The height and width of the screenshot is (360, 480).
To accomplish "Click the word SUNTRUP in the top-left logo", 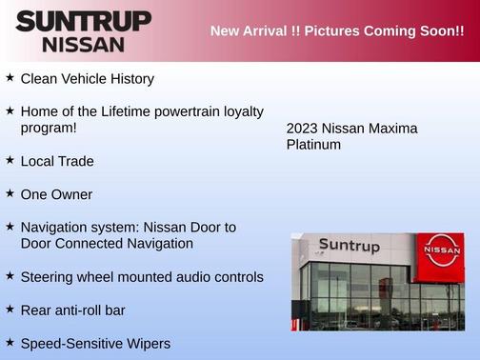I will (x=83, y=21).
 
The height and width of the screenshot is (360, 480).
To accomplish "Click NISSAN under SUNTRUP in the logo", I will (x=83, y=44).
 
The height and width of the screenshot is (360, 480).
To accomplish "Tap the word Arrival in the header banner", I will (x=270, y=31).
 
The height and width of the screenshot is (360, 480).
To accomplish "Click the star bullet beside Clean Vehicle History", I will (x=10, y=77).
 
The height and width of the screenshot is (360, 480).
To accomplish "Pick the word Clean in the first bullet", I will (x=39, y=79).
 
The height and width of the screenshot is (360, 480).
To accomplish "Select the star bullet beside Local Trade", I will (x=10, y=160).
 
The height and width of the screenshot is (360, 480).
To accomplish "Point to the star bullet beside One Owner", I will (x=10, y=193).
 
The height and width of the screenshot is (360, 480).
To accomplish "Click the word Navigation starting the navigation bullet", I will (x=56, y=228).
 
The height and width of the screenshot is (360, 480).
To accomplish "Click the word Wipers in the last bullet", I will (x=147, y=343).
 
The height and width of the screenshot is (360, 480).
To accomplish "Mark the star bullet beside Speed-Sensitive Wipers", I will (x=10, y=342).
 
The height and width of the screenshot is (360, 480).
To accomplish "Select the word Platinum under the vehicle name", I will (x=313, y=145).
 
